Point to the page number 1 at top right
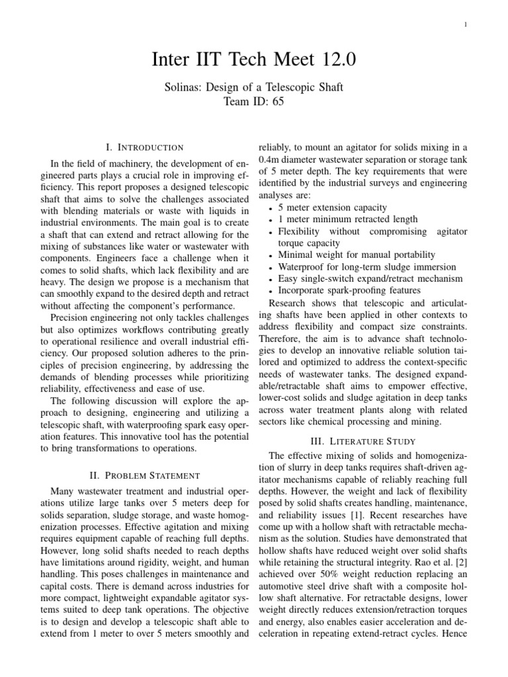tap(466, 24)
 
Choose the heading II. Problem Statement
tap(144, 475)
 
